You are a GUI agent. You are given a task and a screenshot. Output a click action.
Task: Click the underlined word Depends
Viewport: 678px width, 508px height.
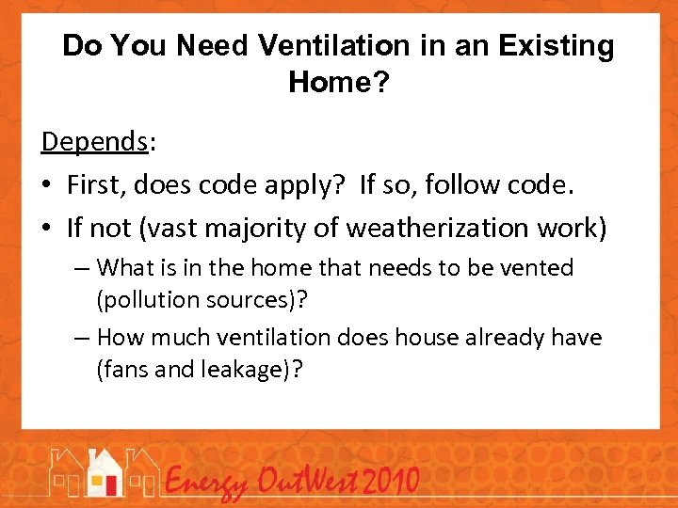click(x=94, y=141)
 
